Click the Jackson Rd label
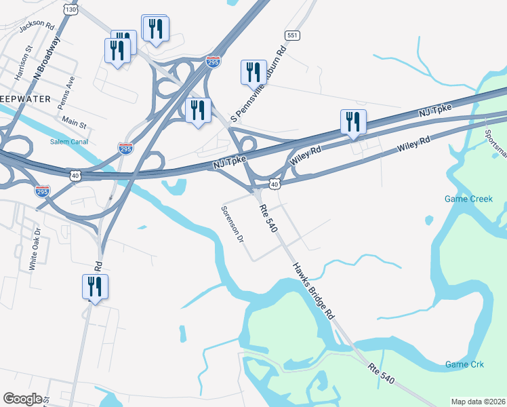click(37, 25)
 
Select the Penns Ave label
click(70, 91)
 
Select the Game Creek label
click(468, 199)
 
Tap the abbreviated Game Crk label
click(464, 364)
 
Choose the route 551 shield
click(292, 35)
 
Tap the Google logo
click(22, 399)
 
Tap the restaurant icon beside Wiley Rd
click(353, 121)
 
